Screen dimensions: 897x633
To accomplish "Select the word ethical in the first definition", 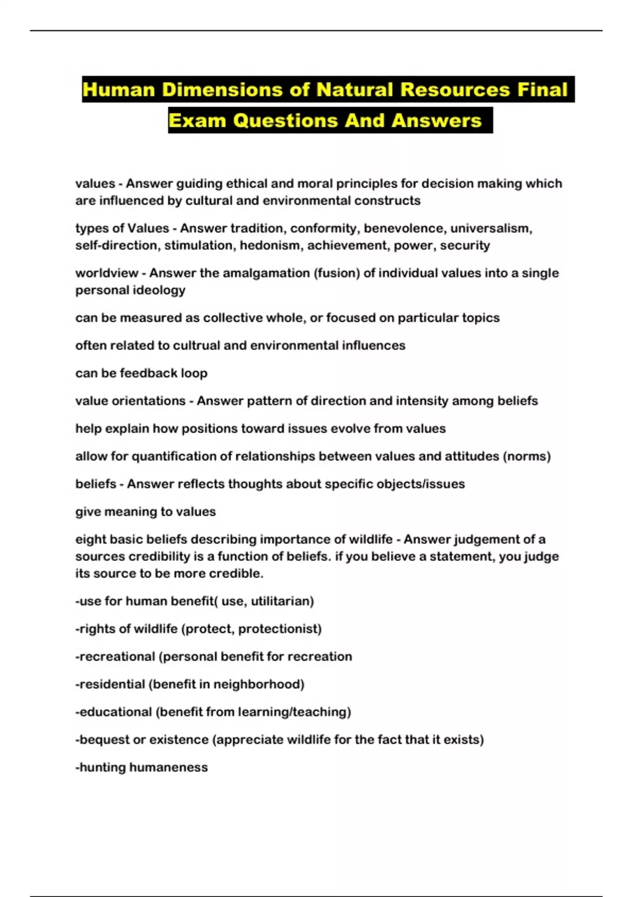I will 247,184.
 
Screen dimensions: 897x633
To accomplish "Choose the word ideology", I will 160,290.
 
